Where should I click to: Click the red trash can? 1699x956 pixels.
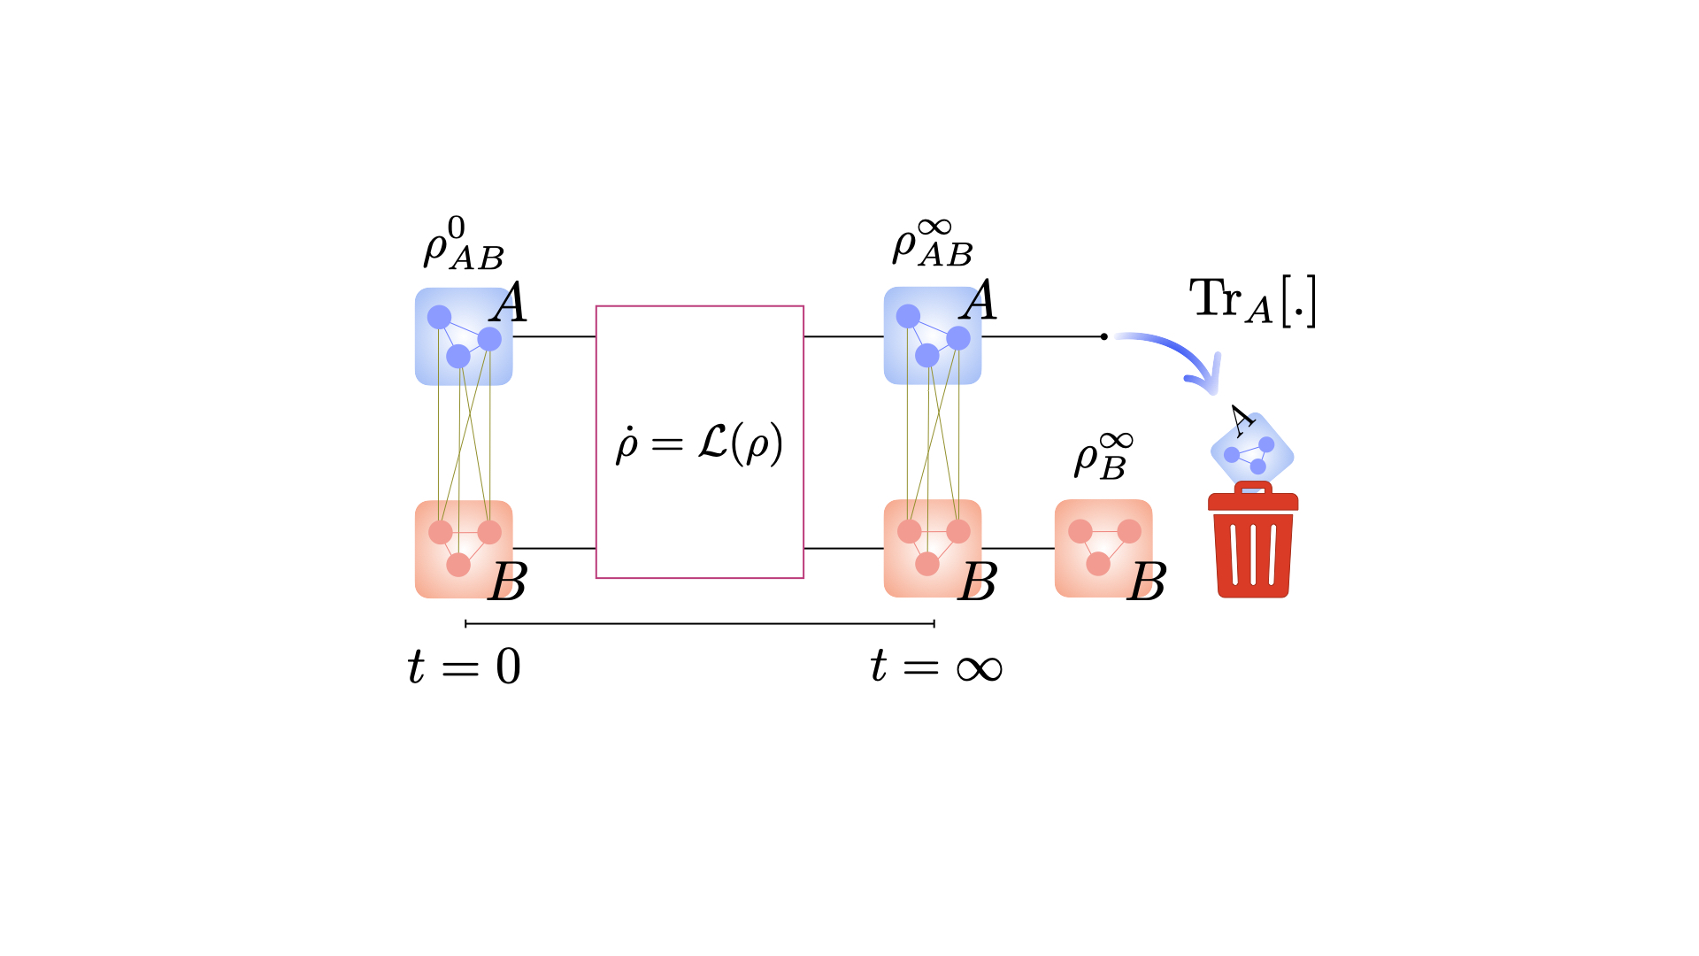pyautogui.click(x=1253, y=542)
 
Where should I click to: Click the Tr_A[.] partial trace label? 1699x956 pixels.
pyautogui.click(x=1252, y=301)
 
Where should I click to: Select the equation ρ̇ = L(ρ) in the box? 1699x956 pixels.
pyautogui.click(x=699, y=442)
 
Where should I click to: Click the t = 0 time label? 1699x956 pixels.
pyautogui.click(x=465, y=667)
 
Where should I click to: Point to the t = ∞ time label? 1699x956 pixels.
pyautogui.click(x=936, y=667)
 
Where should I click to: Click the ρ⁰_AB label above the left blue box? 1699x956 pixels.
pyautogui.click(x=463, y=243)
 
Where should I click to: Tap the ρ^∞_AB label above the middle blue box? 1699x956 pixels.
pyautogui.click(x=932, y=243)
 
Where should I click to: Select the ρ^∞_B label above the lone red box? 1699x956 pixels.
pyautogui.click(x=1103, y=455)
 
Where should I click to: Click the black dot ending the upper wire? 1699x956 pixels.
pyautogui.click(x=1103, y=336)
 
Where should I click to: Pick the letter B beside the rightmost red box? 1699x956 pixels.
pyautogui.click(x=1147, y=582)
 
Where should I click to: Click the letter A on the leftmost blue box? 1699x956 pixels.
pyautogui.click(x=509, y=303)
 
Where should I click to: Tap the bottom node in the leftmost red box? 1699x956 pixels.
pyautogui.click(x=458, y=564)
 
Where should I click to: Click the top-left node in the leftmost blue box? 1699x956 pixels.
pyautogui.click(x=439, y=316)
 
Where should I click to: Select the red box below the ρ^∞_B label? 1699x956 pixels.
pyautogui.click(x=1103, y=548)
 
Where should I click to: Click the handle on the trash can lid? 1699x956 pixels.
pyautogui.click(x=1253, y=488)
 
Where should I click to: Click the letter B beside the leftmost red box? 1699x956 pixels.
pyautogui.click(x=508, y=582)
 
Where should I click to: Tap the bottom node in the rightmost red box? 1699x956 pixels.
pyautogui.click(x=1098, y=563)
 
